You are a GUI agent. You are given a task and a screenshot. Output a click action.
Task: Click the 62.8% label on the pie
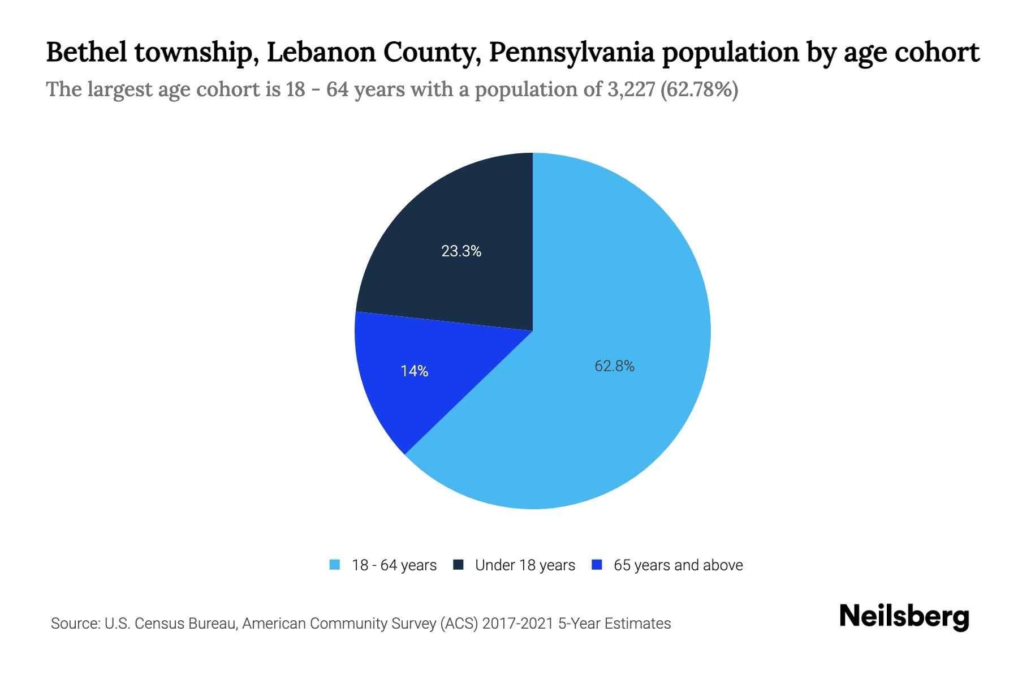(614, 366)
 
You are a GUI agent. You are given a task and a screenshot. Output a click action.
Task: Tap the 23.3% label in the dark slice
(461, 251)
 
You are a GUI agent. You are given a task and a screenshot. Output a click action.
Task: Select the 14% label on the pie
(414, 371)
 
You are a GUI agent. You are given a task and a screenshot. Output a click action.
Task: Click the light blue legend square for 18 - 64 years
(335, 565)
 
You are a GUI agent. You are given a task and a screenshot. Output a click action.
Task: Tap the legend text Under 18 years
(525, 565)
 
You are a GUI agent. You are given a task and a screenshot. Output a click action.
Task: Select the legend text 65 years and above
(678, 565)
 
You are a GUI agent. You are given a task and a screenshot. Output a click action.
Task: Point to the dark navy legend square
(459, 565)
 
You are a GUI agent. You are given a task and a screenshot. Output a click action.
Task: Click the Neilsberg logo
(904, 617)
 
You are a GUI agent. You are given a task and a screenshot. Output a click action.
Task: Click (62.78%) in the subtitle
(700, 89)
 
